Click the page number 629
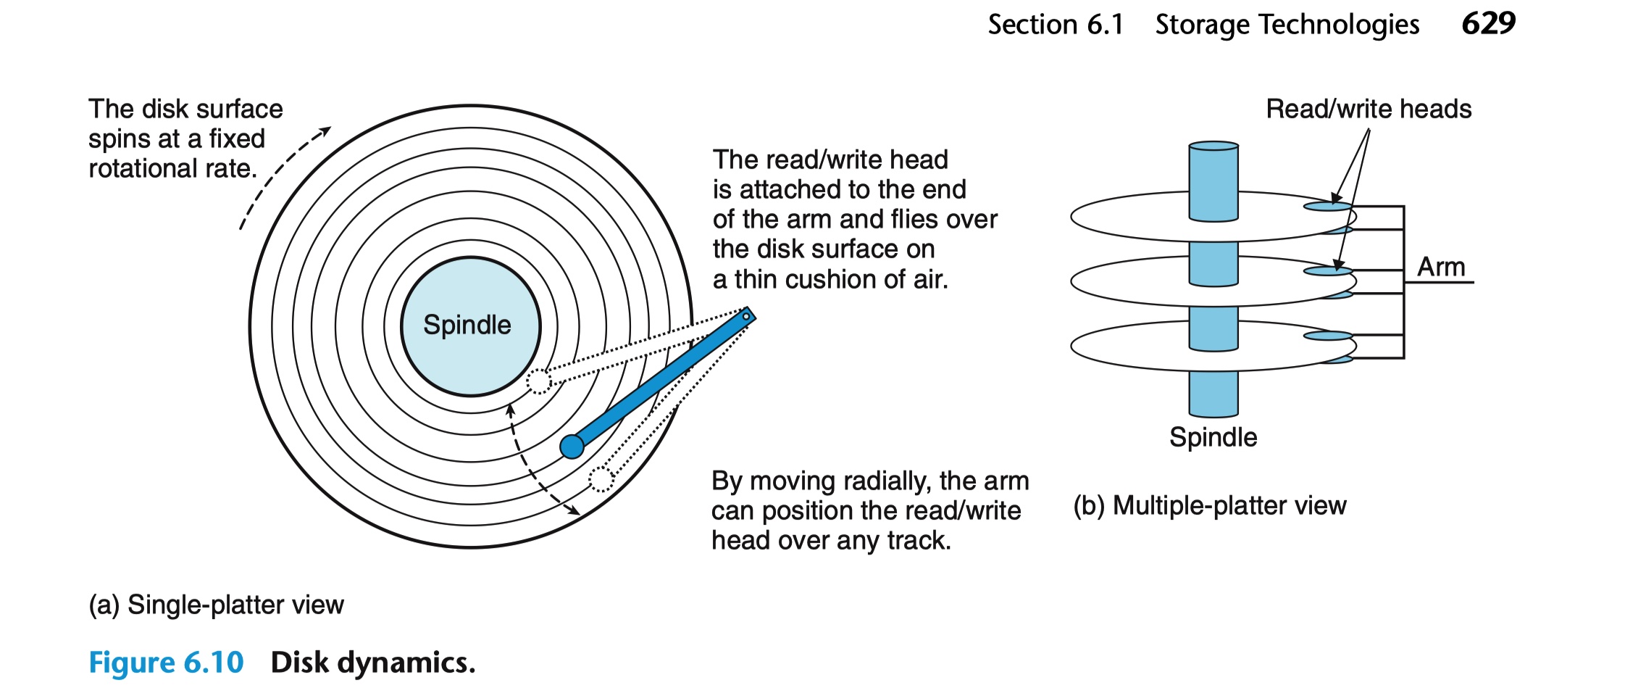tap(1488, 24)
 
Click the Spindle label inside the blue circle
tap(467, 325)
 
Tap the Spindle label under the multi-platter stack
tap(1213, 437)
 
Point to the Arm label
tap(1441, 267)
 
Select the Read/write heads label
tap(1369, 109)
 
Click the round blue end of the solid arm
tap(572, 447)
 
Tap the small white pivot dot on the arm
tap(746, 316)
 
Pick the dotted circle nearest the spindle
tap(538, 381)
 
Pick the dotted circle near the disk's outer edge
tap(601, 479)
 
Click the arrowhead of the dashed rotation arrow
tap(325, 131)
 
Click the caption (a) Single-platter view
tap(216, 605)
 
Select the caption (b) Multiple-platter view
tap(1210, 505)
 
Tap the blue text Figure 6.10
tap(166, 663)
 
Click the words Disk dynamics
tap(373, 663)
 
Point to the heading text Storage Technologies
tap(1287, 25)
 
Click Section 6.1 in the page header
tap(1056, 25)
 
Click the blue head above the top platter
tap(1327, 207)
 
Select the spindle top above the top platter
tap(1213, 146)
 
